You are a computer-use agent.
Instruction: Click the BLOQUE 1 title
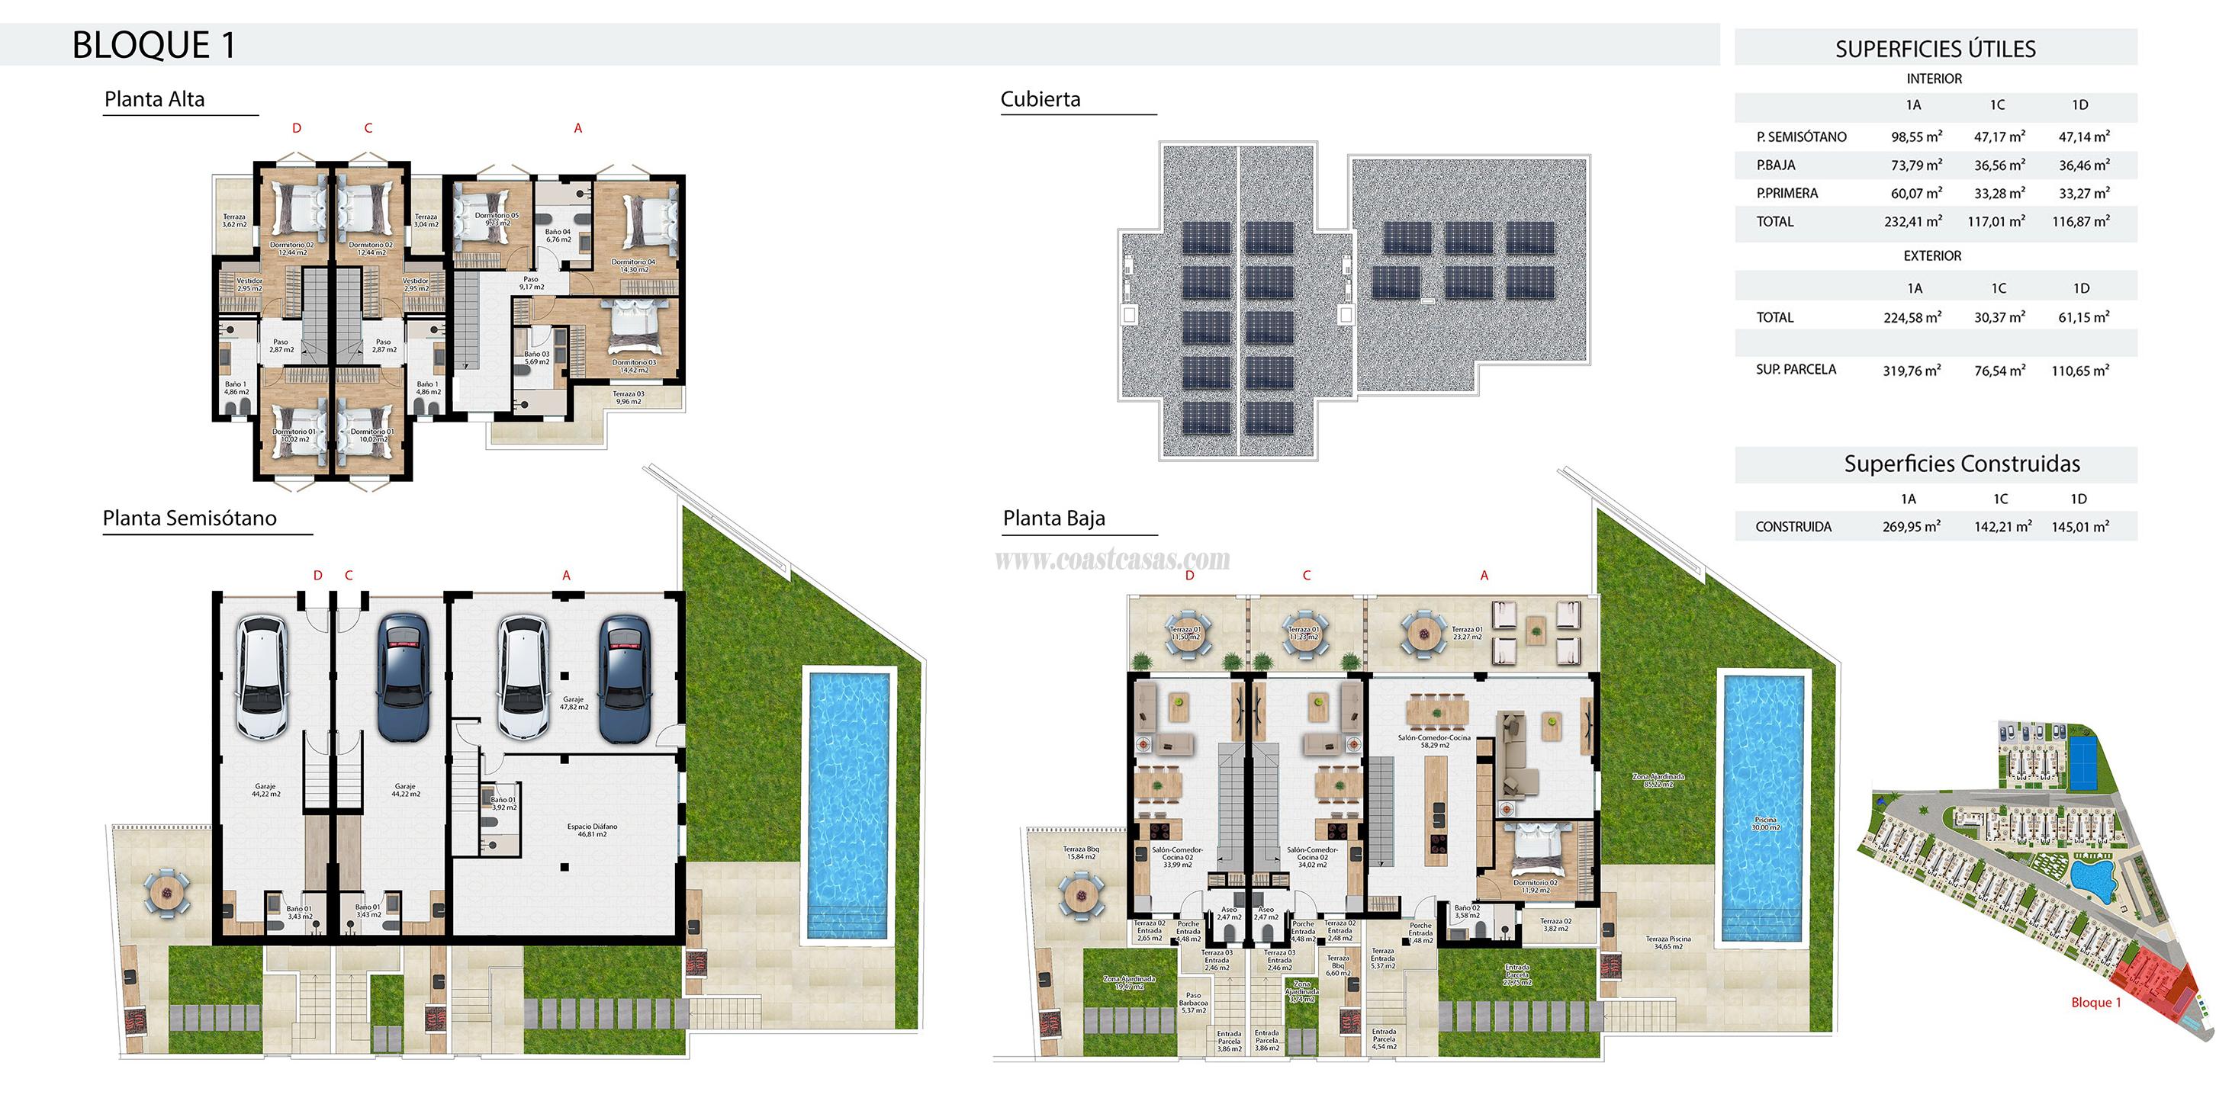153,45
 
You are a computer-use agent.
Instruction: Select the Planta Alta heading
154,99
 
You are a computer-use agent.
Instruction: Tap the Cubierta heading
1040,99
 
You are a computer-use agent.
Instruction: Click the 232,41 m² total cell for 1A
1912,222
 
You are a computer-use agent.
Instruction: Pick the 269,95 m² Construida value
1911,527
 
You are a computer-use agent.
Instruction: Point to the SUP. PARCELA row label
1796,370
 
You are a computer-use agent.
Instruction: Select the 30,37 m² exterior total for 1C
1999,318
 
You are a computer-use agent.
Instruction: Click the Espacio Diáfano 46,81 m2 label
592,830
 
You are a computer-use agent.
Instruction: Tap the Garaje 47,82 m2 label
573,702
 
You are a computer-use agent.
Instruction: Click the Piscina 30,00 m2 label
1765,823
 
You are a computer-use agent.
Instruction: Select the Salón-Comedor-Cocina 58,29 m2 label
1433,740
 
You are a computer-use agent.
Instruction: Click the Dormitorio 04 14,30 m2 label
633,265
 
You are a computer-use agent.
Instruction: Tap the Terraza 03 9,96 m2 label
629,397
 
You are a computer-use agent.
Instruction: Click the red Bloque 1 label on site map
2095,1002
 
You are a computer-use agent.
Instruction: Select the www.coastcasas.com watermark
1111,560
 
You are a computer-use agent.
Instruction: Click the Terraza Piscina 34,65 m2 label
1668,942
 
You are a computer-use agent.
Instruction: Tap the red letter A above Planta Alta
578,128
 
